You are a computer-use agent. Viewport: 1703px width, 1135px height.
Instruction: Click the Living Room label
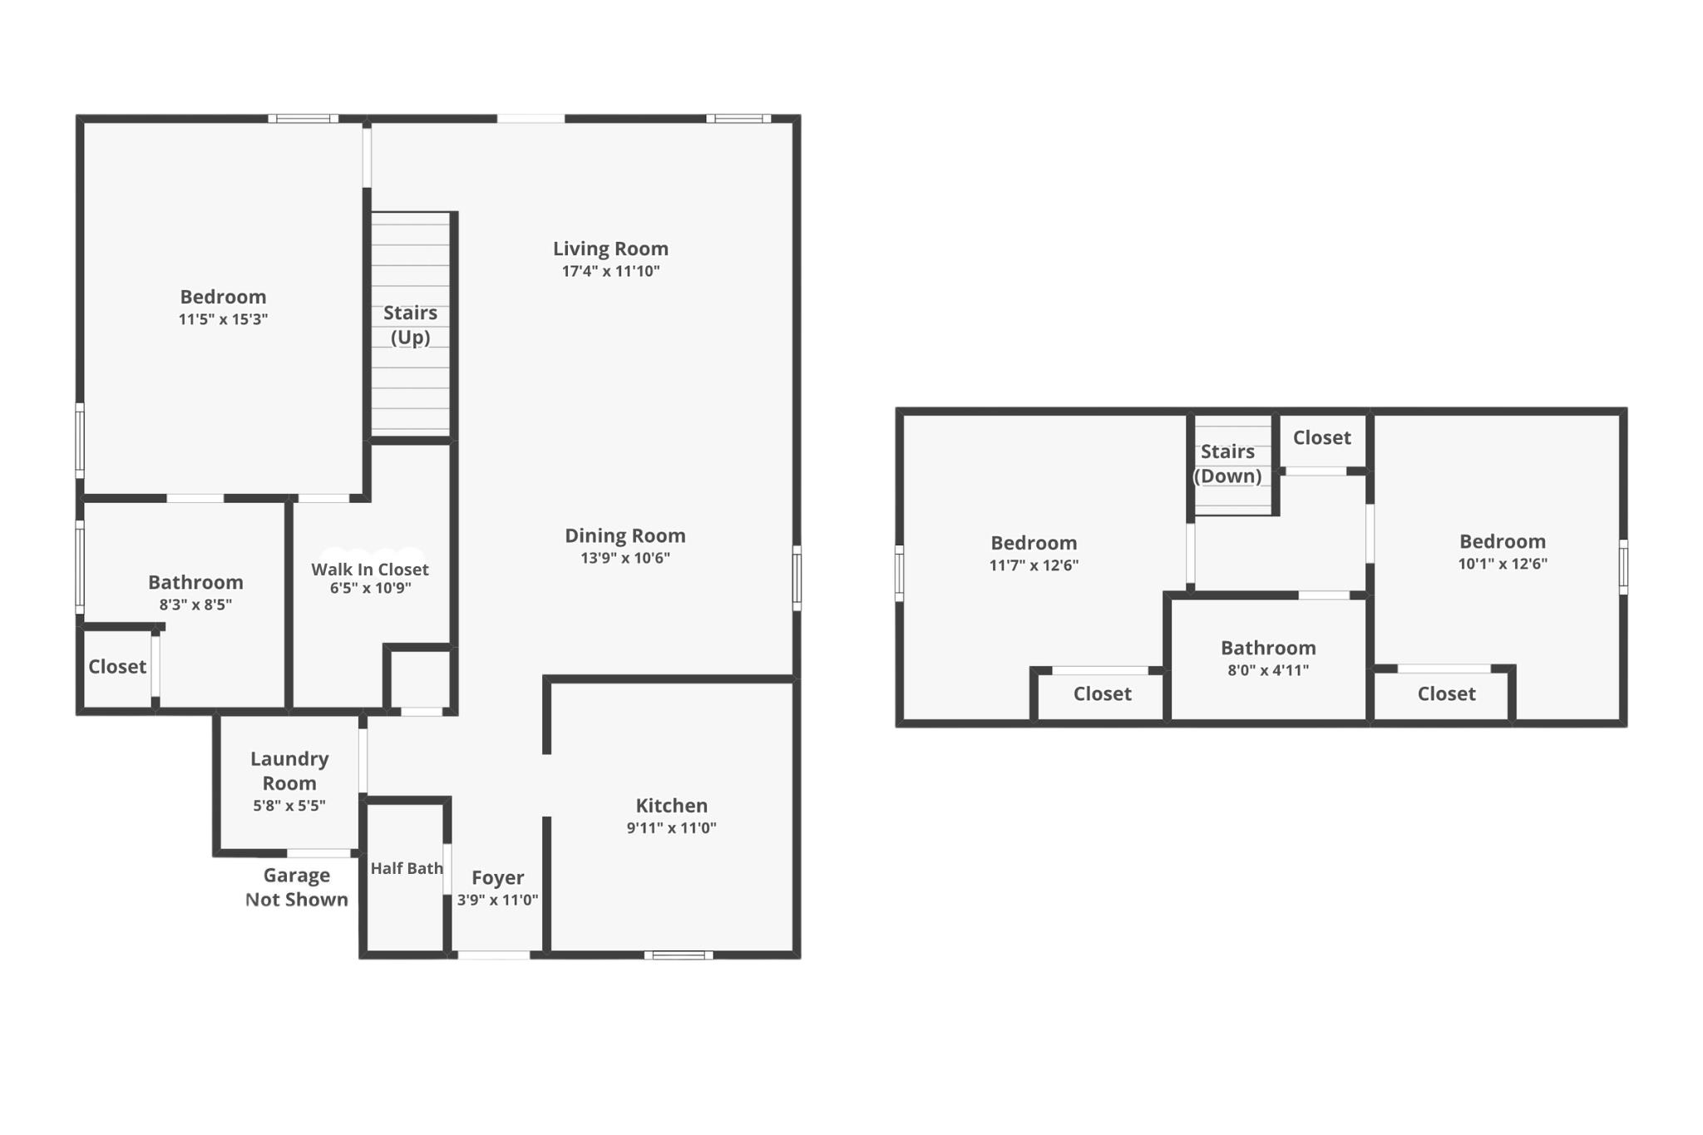610,249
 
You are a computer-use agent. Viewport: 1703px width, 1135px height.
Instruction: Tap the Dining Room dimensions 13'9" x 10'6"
625,558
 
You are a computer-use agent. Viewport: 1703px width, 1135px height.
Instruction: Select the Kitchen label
672,805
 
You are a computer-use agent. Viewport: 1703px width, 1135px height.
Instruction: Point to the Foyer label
497,878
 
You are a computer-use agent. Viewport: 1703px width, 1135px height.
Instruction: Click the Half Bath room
407,877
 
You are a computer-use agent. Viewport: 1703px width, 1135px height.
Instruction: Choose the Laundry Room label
289,771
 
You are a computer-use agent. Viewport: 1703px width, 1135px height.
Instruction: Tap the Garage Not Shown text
297,887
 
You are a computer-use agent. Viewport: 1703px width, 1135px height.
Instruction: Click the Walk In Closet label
370,570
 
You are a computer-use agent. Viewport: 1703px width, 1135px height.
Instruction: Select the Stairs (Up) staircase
411,324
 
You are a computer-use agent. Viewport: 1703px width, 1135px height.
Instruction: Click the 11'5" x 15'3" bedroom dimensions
223,319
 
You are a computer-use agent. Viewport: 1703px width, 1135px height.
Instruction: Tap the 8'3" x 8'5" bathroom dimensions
195,605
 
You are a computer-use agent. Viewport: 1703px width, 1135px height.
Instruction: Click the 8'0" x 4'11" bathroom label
1268,648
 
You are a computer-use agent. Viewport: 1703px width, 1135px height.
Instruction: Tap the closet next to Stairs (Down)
1323,441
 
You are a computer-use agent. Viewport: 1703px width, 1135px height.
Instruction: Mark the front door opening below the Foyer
494,955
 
